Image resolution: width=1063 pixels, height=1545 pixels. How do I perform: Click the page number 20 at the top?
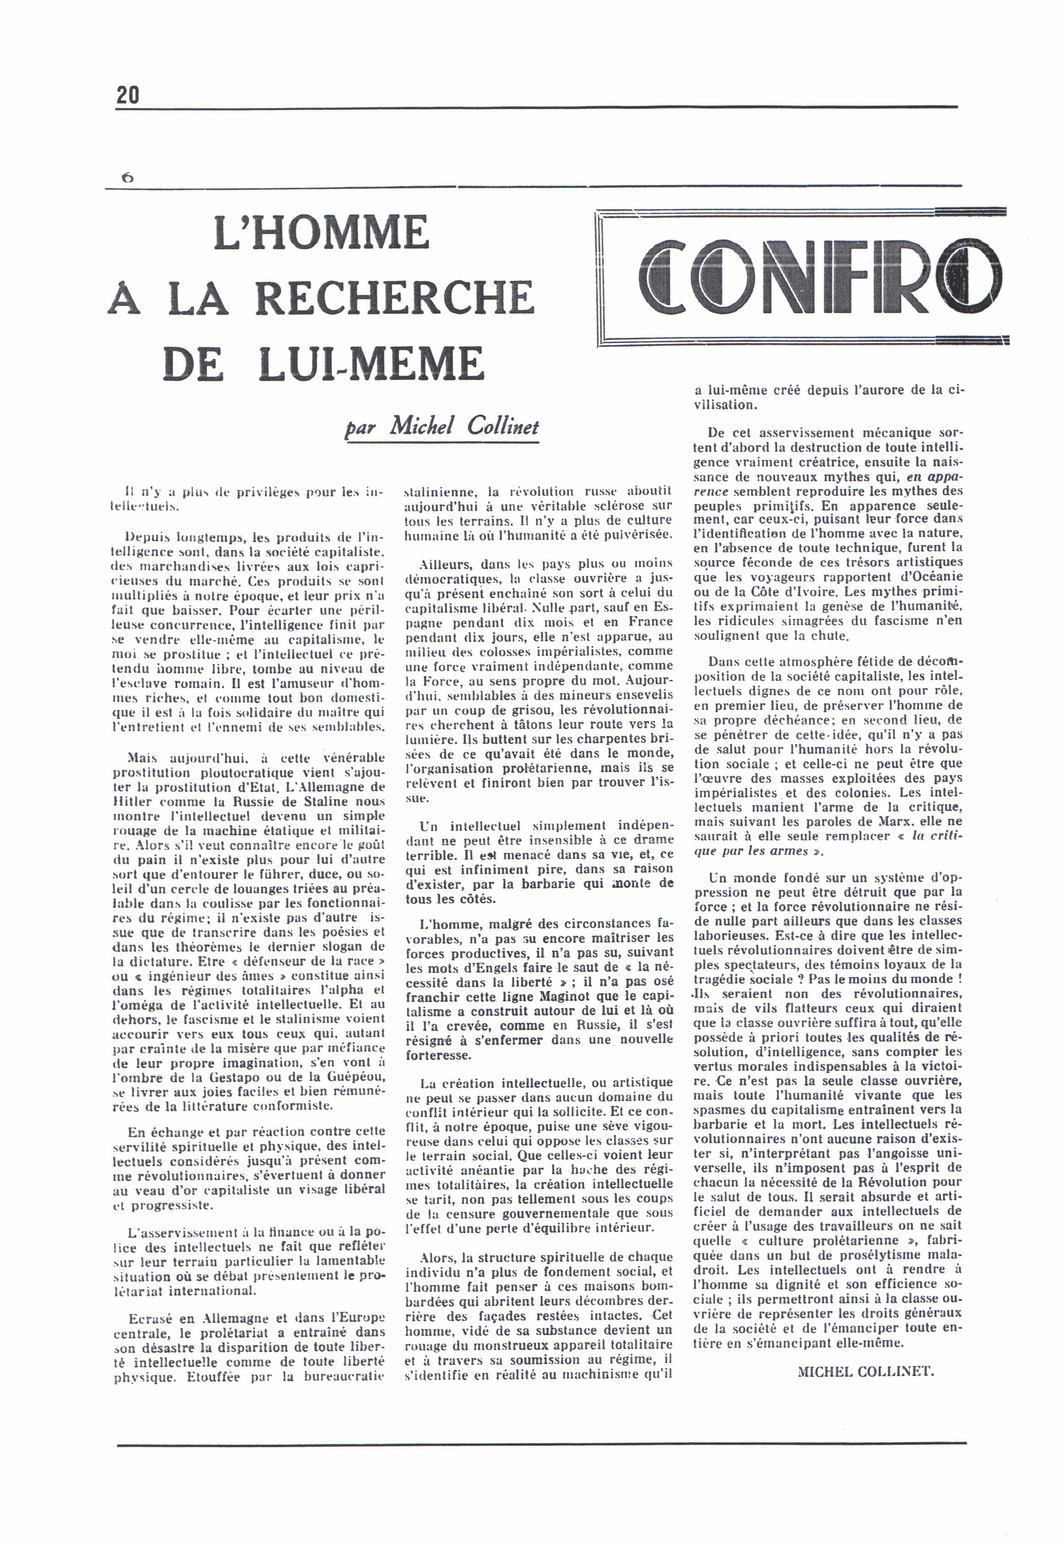tap(128, 95)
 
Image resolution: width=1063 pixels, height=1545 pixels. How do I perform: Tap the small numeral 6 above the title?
tap(127, 178)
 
